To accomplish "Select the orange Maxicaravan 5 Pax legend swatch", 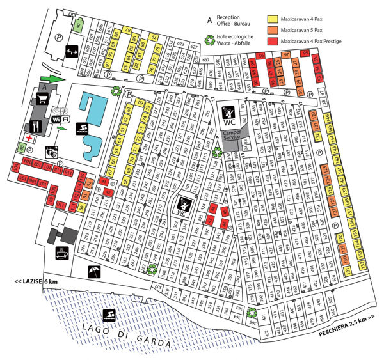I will click(271, 30).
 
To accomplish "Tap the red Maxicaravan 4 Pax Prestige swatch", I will click(271, 41).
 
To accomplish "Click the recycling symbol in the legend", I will click(209, 40).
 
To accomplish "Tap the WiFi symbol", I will click(61, 118).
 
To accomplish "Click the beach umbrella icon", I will click(93, 272).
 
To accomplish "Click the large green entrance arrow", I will click(54, 78).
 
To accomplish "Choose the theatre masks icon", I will click(51, 152).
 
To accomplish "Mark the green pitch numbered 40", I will click(79, 26).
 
